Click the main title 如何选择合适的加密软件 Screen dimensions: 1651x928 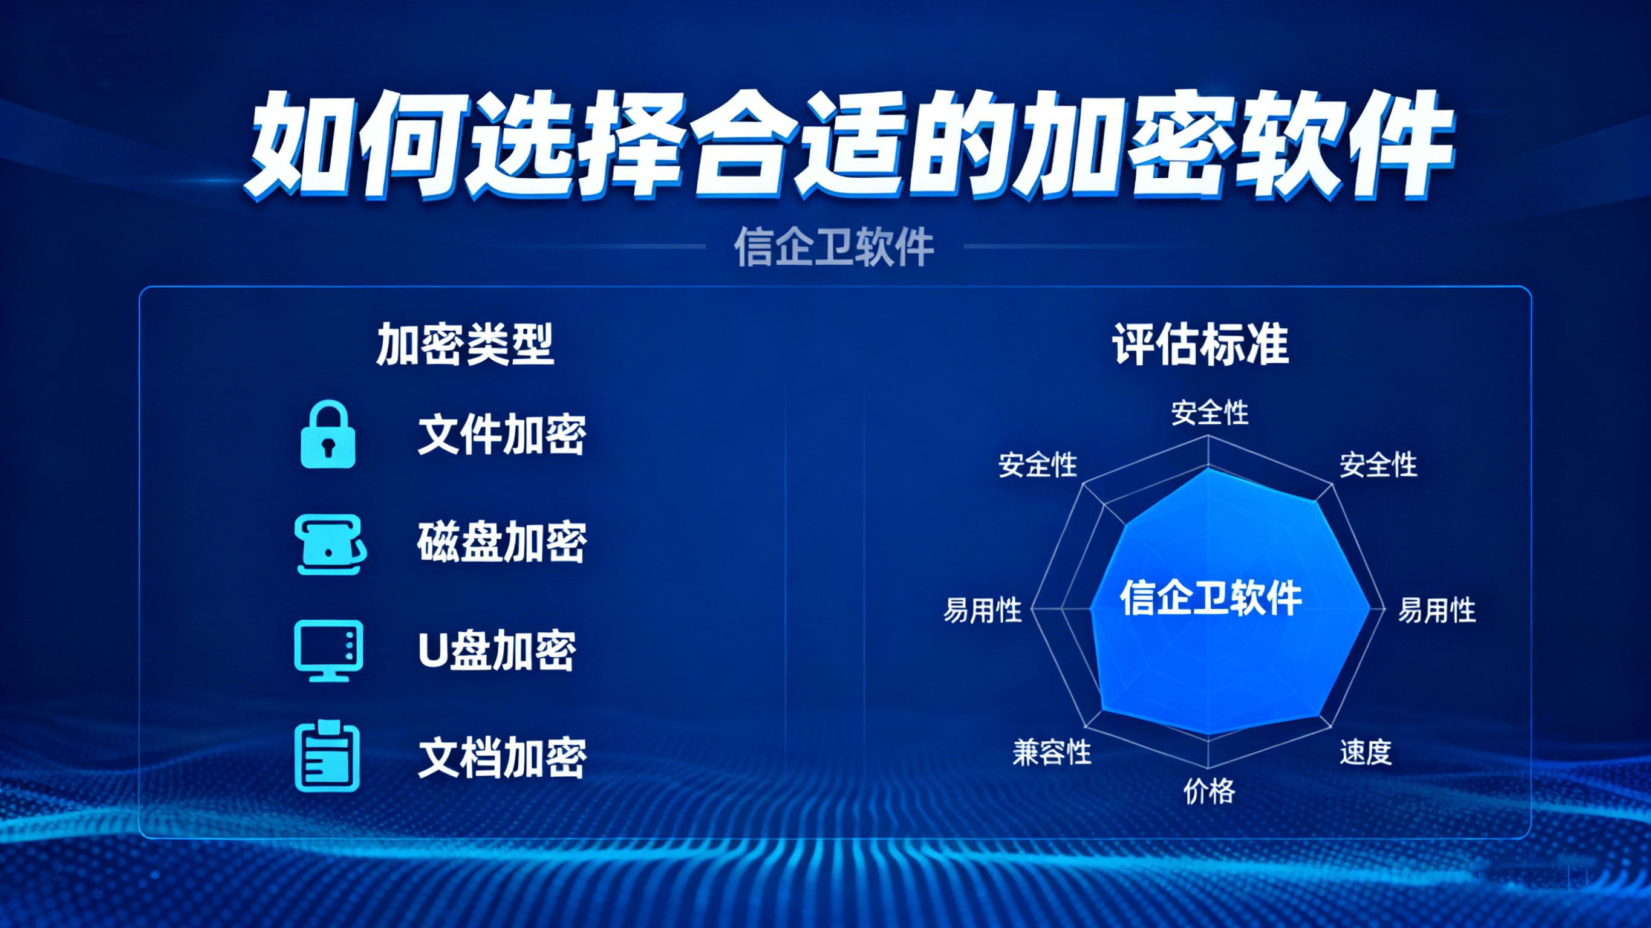tap(850, 145)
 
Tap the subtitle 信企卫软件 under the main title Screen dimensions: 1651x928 tap(834, 246)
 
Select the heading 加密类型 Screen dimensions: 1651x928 tap(465, 344)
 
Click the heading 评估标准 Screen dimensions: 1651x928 tap(1200, 344)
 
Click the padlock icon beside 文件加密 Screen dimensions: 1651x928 tap(328, 435)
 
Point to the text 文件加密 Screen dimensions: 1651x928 tap(502, 435)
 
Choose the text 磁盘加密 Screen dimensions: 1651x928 tap(502, 542)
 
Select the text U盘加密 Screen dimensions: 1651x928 tap(497, 651)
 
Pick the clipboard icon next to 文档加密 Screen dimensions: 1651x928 tap(327, 756)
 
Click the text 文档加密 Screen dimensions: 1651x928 tap(502, 758)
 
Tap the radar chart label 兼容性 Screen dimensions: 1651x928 tap(1052, 751)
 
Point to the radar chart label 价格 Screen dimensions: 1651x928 tap(1209, 791)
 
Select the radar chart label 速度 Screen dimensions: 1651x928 tap(1366, 751)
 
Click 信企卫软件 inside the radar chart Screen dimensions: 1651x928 tap(1211, 598)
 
